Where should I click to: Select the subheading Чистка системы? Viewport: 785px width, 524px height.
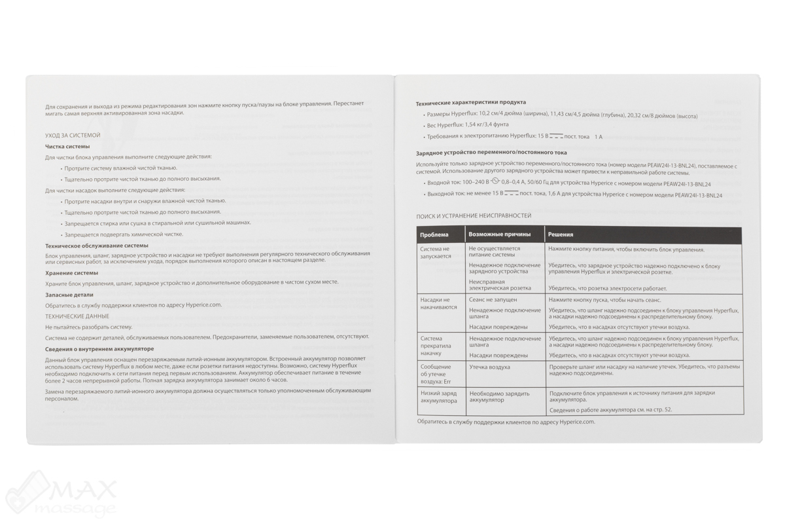pos(67,146)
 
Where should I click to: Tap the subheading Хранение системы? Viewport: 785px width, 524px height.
pos(72,272)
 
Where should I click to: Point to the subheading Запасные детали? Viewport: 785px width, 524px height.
pos(69,295)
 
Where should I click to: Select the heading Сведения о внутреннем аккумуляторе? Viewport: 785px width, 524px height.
pos(99,349)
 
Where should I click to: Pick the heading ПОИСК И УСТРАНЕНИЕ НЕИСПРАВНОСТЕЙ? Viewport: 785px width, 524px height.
pos(474,215)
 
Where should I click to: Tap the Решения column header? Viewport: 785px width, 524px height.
pos(561,234)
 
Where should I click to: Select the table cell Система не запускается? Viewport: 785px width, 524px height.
pos(436,253)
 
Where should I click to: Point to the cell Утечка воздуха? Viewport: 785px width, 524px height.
pos(489,367)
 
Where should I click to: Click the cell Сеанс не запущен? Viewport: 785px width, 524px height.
pos(493,299)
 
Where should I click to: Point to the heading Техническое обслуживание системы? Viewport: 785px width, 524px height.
pos(97,246)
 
